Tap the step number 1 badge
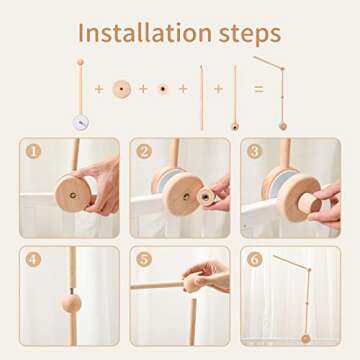(33, 152)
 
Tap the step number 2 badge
(144, 152)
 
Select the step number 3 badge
(254, 152)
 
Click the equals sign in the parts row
(258, 89)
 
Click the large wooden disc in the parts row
(122, 89)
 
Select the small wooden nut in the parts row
(163, 89)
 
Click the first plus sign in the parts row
(99, 89)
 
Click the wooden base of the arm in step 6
(305, 338)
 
